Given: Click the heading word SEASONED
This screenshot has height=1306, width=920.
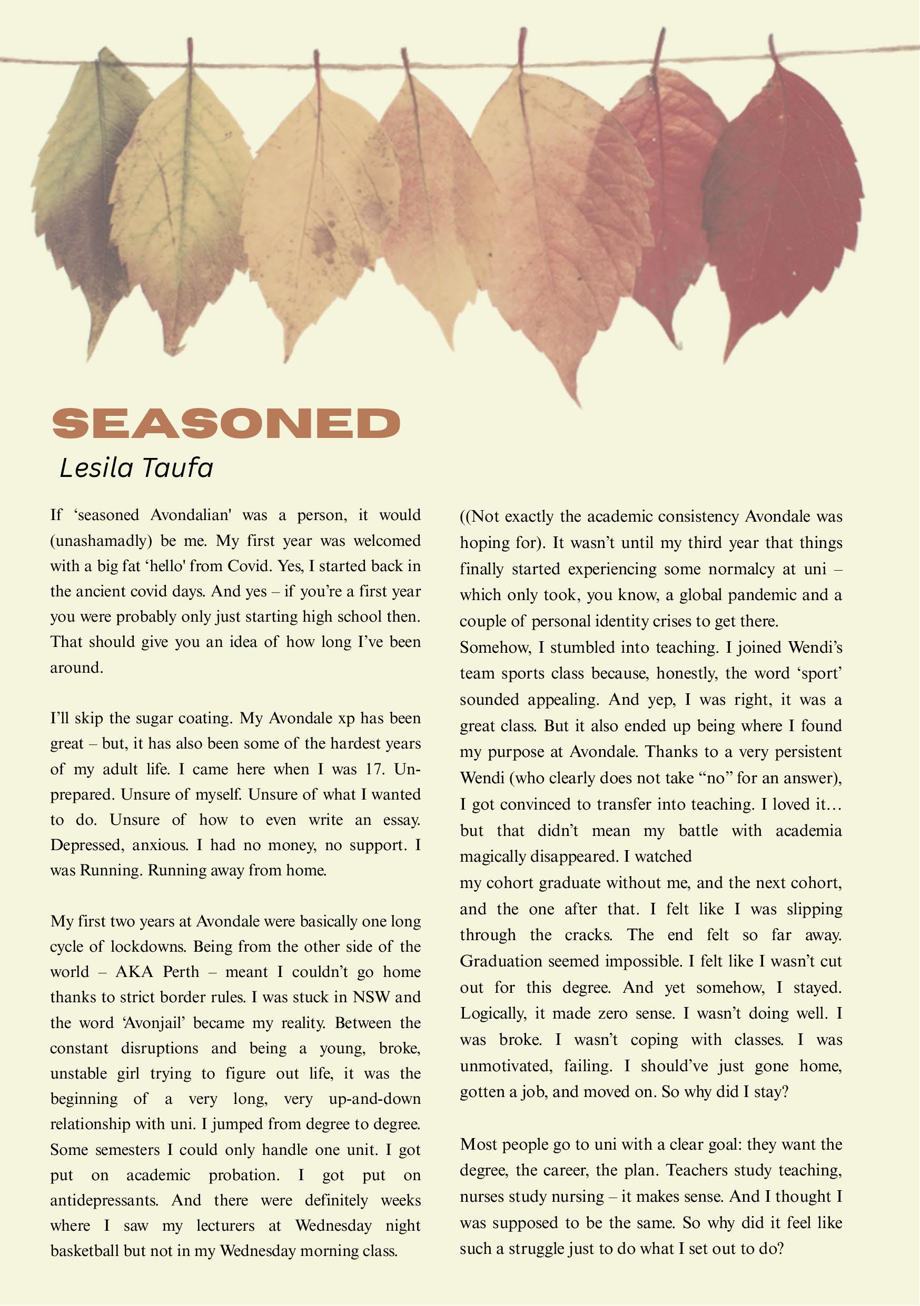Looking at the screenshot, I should coord(226,423).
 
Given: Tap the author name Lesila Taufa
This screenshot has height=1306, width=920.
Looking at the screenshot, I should coord(136,468).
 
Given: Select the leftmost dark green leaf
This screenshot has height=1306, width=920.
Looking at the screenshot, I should coord(80,188).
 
